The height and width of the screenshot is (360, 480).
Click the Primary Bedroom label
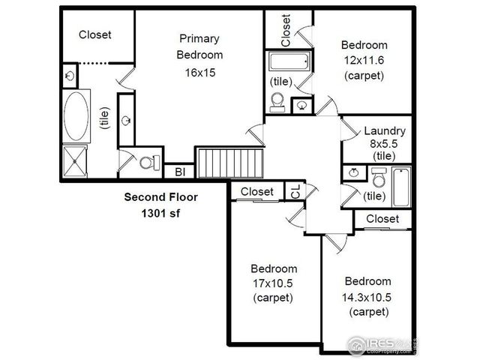tap(199, 46)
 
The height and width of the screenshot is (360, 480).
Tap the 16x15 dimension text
tap(199, 73)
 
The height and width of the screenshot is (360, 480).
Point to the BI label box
tap(180, 172)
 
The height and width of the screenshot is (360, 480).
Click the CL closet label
tap(295, 192)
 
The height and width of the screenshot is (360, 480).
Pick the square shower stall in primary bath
tap(76, 159)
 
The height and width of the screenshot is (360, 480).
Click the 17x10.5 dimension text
tap(274, 283)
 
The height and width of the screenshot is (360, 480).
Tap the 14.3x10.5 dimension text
tap(367, 296)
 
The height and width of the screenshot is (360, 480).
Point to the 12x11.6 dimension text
tap(364, 60)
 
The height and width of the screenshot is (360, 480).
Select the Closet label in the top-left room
tap(95, 34)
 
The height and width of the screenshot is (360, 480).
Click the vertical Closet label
tap(286, 28)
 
